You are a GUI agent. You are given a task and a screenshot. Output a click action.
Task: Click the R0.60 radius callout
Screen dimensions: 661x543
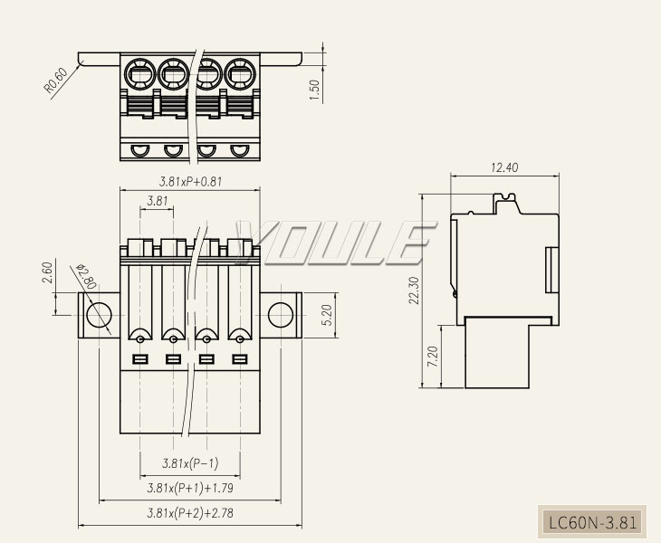55,81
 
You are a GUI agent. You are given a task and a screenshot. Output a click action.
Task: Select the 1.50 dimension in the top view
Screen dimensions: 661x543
315,90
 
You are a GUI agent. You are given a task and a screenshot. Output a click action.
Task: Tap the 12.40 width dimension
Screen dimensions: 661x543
504,167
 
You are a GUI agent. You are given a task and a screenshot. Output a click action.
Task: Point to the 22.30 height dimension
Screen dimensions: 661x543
414,291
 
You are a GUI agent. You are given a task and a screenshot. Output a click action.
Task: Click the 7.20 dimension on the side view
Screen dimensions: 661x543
433,357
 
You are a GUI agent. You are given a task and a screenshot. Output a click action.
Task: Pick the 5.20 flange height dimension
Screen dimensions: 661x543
327,315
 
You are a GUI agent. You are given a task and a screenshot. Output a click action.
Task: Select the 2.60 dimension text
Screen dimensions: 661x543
48,272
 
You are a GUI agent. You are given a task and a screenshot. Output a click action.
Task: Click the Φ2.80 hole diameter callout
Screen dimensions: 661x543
86,277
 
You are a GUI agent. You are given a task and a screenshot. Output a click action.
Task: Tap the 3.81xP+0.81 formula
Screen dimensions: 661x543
190,182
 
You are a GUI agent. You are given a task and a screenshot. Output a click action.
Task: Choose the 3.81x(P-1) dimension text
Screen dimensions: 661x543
190,463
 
